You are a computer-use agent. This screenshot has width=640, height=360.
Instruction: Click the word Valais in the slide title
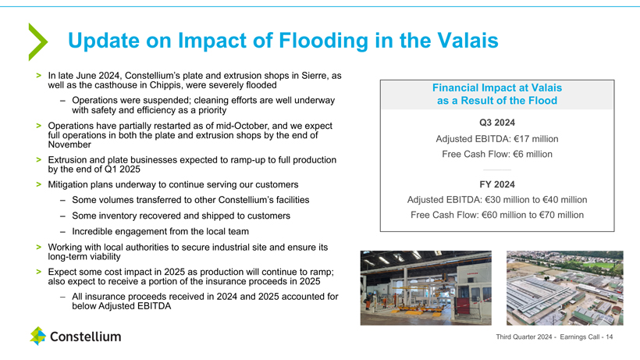pos(468,41)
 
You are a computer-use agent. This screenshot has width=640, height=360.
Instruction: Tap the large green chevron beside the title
pos(38,41)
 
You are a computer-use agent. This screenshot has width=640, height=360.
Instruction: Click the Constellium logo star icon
pos(37,336)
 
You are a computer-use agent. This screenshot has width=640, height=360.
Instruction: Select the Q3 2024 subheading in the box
pos(496,123)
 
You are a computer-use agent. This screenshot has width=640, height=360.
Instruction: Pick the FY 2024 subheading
pos(496,184)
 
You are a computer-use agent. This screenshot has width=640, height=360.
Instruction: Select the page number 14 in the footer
pos(609,337)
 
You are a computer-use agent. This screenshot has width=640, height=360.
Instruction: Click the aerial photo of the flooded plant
pos(565,287)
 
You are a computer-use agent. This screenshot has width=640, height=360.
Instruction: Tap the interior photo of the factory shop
pos(425,287)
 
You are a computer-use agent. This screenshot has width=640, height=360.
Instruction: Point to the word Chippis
pos(165,85)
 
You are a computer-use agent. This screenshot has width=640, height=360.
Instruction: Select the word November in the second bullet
pos(69,144)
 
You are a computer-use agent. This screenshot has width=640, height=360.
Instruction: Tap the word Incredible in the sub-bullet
pos(91,231)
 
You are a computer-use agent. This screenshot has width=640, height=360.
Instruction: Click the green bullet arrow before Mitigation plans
pos(39,184)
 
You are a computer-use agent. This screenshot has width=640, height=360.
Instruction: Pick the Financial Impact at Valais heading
pos(496,94)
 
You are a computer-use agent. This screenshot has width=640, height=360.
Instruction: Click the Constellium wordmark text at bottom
pos(85,337)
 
